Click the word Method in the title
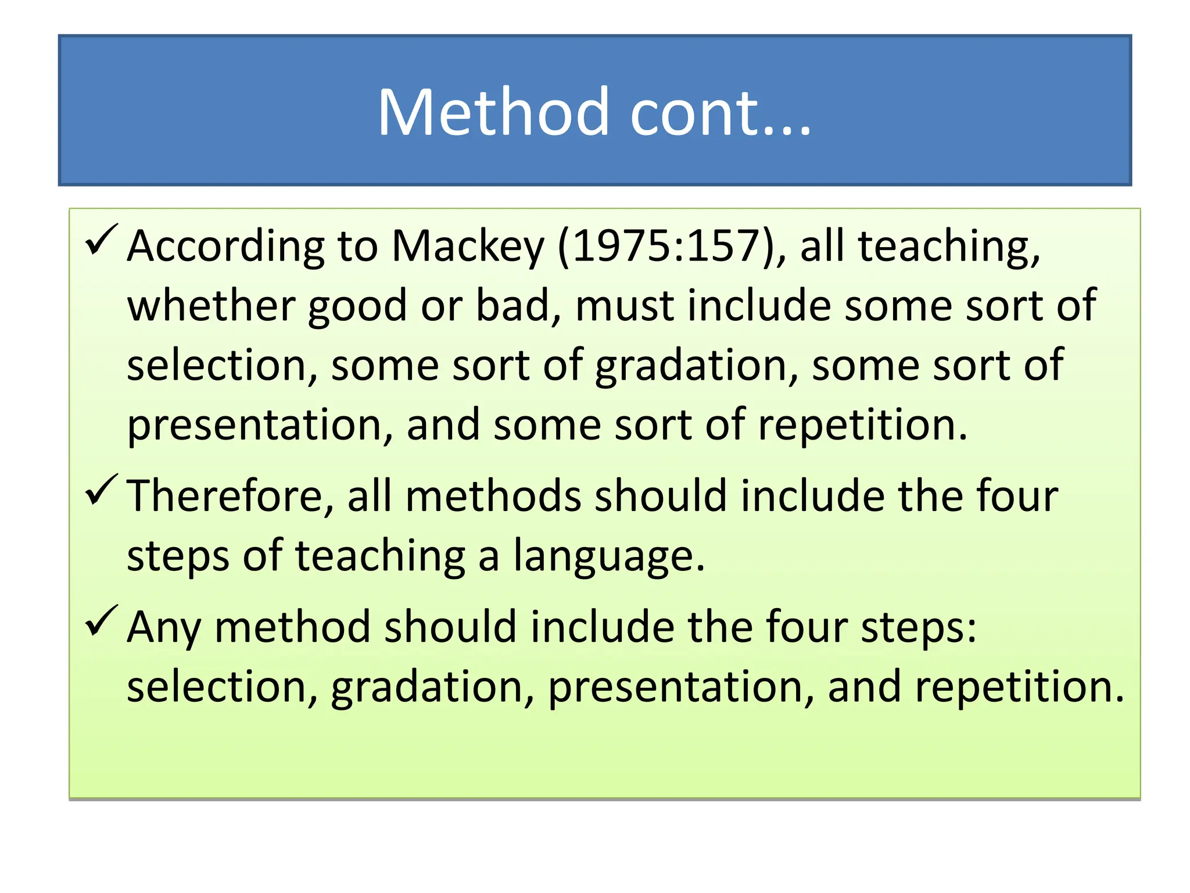click(x=493, y=112)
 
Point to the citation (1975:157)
click(x=672, y=247)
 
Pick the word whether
click(x=211, y=306)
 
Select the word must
click(x=624, y=307)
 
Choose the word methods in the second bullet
click(x=493, y=496)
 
